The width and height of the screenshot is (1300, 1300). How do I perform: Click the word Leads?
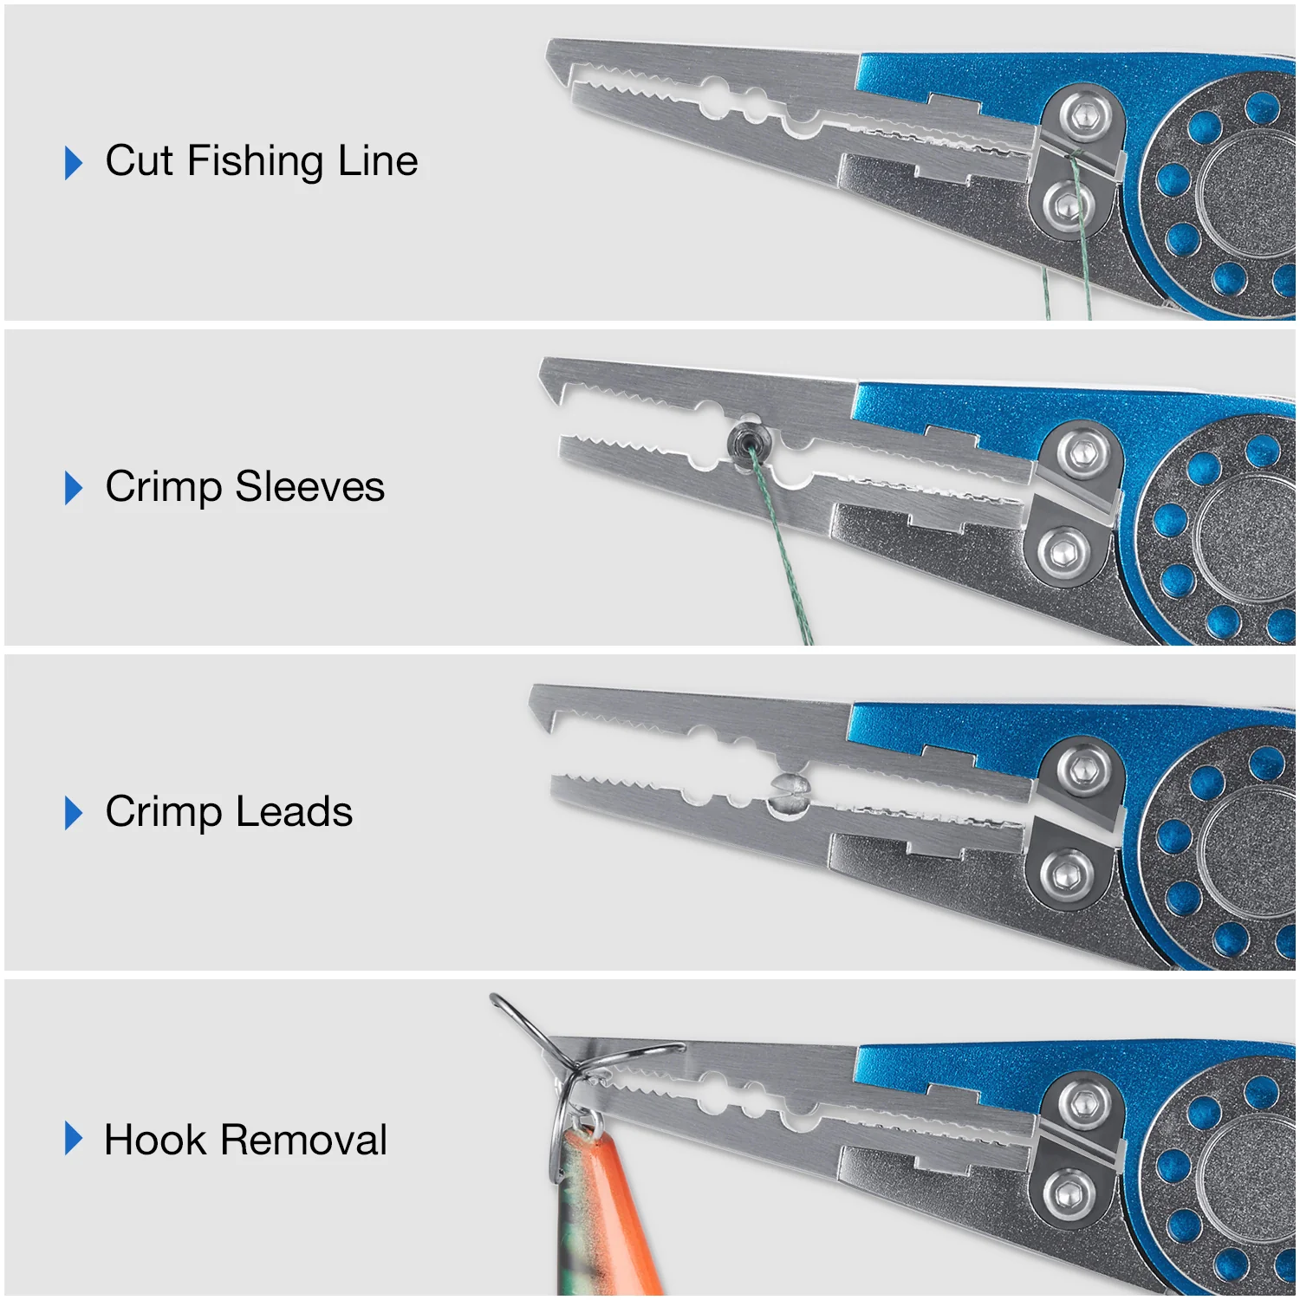pos(294,812)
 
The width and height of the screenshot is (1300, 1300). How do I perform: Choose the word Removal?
pos(303,1140)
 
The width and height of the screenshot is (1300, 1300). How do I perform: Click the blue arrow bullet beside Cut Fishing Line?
pos(74,162)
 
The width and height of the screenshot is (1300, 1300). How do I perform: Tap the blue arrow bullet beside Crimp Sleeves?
pos(74,487)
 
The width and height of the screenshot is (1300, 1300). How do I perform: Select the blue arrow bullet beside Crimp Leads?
pos(74,813)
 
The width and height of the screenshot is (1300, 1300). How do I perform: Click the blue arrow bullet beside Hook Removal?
pos(74,1139)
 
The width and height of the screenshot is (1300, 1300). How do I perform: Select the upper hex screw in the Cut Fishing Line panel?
pos(1079,113)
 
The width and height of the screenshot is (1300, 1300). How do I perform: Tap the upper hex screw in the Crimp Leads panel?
pos(1081,767)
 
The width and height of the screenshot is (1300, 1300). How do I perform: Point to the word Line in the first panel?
pos(378,161)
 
